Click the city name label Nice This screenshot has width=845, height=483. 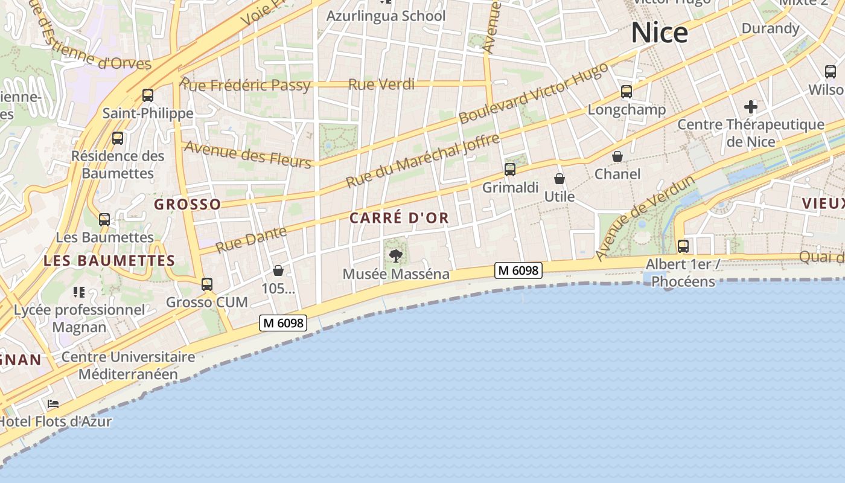(659, 33)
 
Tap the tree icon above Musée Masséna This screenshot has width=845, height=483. (396, 256)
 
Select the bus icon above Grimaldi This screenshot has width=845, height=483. (510, 170)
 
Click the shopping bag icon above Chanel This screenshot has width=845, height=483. (617, 156)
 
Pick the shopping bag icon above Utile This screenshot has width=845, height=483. (560, 179)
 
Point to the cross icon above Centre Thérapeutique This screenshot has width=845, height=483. (751, 107)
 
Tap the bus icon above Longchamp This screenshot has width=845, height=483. (627, 92)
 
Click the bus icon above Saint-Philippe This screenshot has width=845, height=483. (148, 95)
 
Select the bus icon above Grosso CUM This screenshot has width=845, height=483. (207, 284)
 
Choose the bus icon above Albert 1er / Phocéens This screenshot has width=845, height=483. (683, 246)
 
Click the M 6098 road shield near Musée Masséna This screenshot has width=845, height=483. (518, 271)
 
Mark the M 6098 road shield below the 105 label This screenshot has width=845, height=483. (283, 323)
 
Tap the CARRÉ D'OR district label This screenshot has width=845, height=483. (400, 218)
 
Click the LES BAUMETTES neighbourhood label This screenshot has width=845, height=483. (109, 261)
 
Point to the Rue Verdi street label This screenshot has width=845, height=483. (381, 84)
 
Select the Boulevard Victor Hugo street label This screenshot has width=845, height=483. (534, 94)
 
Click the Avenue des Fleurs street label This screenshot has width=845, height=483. (247, 153)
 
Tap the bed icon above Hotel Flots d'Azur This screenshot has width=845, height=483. (53, 404)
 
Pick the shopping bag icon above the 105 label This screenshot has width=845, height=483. (278, 270)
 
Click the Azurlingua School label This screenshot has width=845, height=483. (386, 16)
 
